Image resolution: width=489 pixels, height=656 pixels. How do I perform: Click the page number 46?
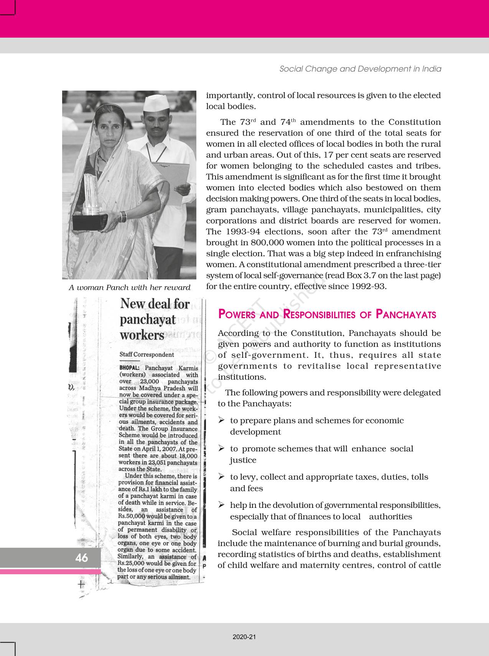(82, 558)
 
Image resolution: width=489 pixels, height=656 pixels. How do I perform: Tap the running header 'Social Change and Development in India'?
(360, 69)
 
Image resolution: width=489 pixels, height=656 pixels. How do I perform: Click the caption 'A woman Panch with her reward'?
(129, 288)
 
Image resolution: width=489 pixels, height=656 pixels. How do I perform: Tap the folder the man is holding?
(175, 180)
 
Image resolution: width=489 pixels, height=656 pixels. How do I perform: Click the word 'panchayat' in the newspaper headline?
(148, 319)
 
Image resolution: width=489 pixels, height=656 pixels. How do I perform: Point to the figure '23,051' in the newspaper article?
(159, 463)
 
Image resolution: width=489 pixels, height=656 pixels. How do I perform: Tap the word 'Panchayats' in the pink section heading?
(406, 314)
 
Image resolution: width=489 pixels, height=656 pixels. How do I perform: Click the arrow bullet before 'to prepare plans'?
(221, 421)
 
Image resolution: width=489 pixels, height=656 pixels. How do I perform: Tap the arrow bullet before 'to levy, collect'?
(221, 477)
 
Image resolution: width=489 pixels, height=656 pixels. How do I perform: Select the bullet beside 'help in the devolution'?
(221, 505)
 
